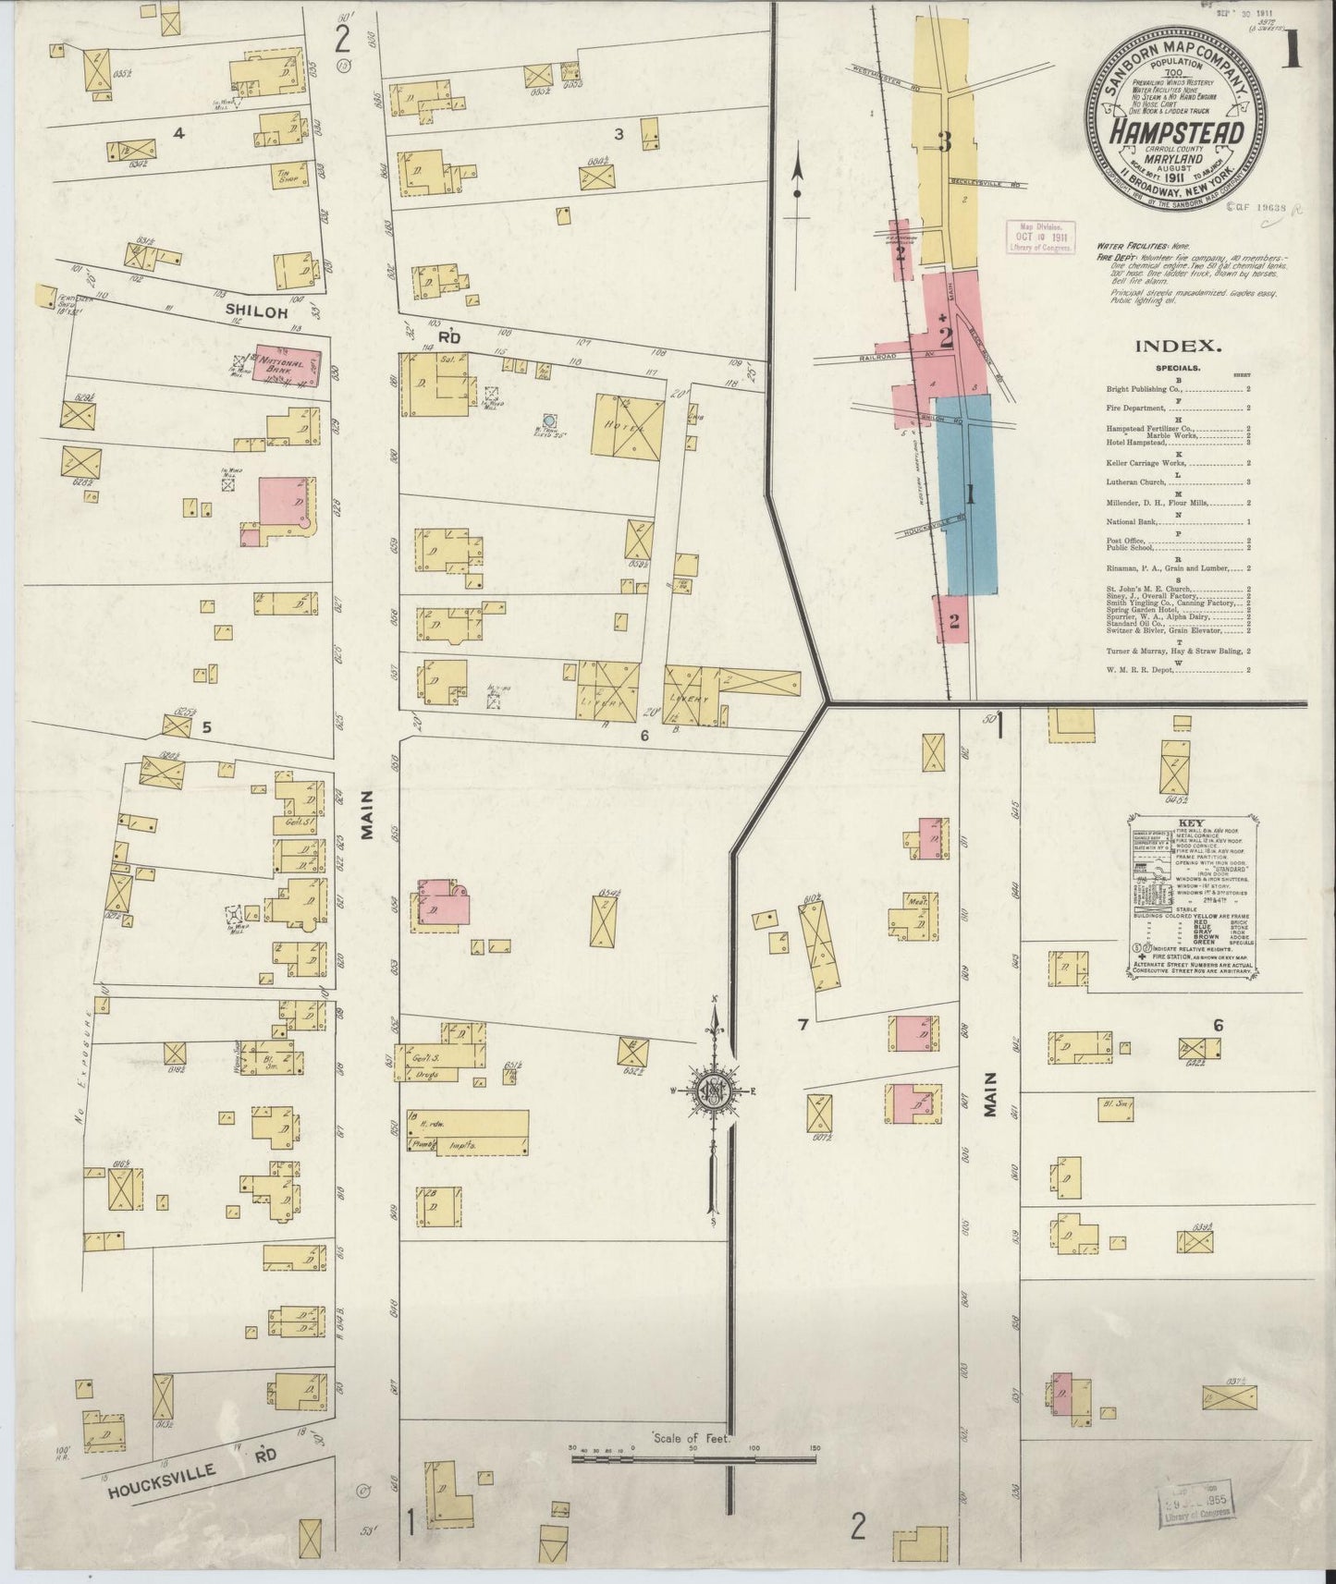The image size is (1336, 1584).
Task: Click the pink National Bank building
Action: point(287,368)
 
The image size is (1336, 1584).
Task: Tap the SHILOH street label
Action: point(252,313)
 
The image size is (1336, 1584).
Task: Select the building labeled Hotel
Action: point(628,426)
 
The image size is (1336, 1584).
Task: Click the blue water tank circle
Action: point(549,420)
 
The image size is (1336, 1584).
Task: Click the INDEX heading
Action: point(1173,347)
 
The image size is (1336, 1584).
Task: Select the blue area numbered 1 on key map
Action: point(968,494)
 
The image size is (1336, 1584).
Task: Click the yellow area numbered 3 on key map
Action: point(944,143)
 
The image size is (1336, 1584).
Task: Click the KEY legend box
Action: point(1188,896)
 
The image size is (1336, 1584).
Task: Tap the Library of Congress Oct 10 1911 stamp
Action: point(1041,237)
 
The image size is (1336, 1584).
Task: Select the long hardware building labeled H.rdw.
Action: point(468,1132)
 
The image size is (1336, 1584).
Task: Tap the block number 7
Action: point(803,1024)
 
